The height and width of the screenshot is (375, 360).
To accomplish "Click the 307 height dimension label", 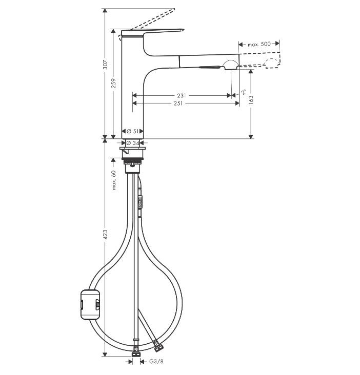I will coord(105,65).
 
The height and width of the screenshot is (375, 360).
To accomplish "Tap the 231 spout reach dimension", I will coord(181,95).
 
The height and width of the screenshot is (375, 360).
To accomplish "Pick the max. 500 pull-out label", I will coord(258,45).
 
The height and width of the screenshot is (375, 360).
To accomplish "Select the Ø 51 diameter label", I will coord(133,132).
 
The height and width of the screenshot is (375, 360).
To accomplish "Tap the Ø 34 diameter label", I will coord(133,142).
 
